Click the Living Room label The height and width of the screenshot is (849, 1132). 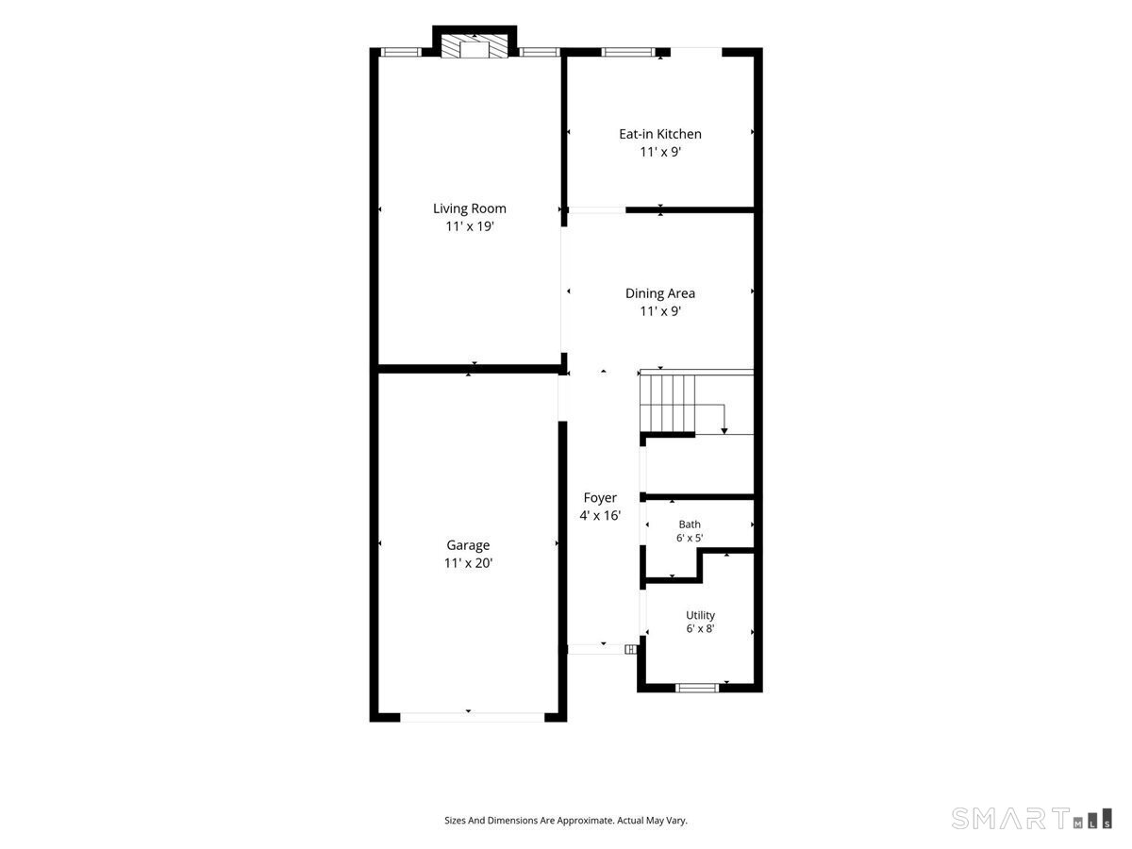[x=469, y=208]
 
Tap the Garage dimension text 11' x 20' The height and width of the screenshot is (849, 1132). [x=468, y=563]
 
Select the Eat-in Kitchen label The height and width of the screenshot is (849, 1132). [x=660, y=134]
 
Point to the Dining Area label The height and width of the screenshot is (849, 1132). [x=660, y=293]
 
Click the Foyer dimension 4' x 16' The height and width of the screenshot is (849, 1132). [x=600, y=515]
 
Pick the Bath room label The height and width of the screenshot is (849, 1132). [x=690, y=524]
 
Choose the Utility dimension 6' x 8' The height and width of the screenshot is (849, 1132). [x=700, y=628]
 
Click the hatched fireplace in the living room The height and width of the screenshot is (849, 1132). [x=474, y=47]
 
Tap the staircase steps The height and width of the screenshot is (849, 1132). [x=668, y=403]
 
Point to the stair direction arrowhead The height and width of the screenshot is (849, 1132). [x=724, y=431]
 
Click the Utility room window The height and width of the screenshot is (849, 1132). [x=697, y=688]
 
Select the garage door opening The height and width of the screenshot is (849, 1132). [x=473, y=717]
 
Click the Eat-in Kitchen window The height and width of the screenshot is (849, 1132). [x=627, y=52]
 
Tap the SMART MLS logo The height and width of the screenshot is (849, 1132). [x=1031, y=819]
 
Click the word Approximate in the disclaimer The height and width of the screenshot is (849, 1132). [x=586, y=820]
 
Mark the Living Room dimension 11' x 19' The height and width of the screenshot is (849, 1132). [x=470, y=226]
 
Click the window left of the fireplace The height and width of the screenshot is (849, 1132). [x=401, y=52]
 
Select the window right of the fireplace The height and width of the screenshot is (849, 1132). [x=540, y=52]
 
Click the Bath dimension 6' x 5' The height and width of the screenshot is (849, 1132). [x=690, y=538]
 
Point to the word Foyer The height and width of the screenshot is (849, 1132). [x=600, y=498]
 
